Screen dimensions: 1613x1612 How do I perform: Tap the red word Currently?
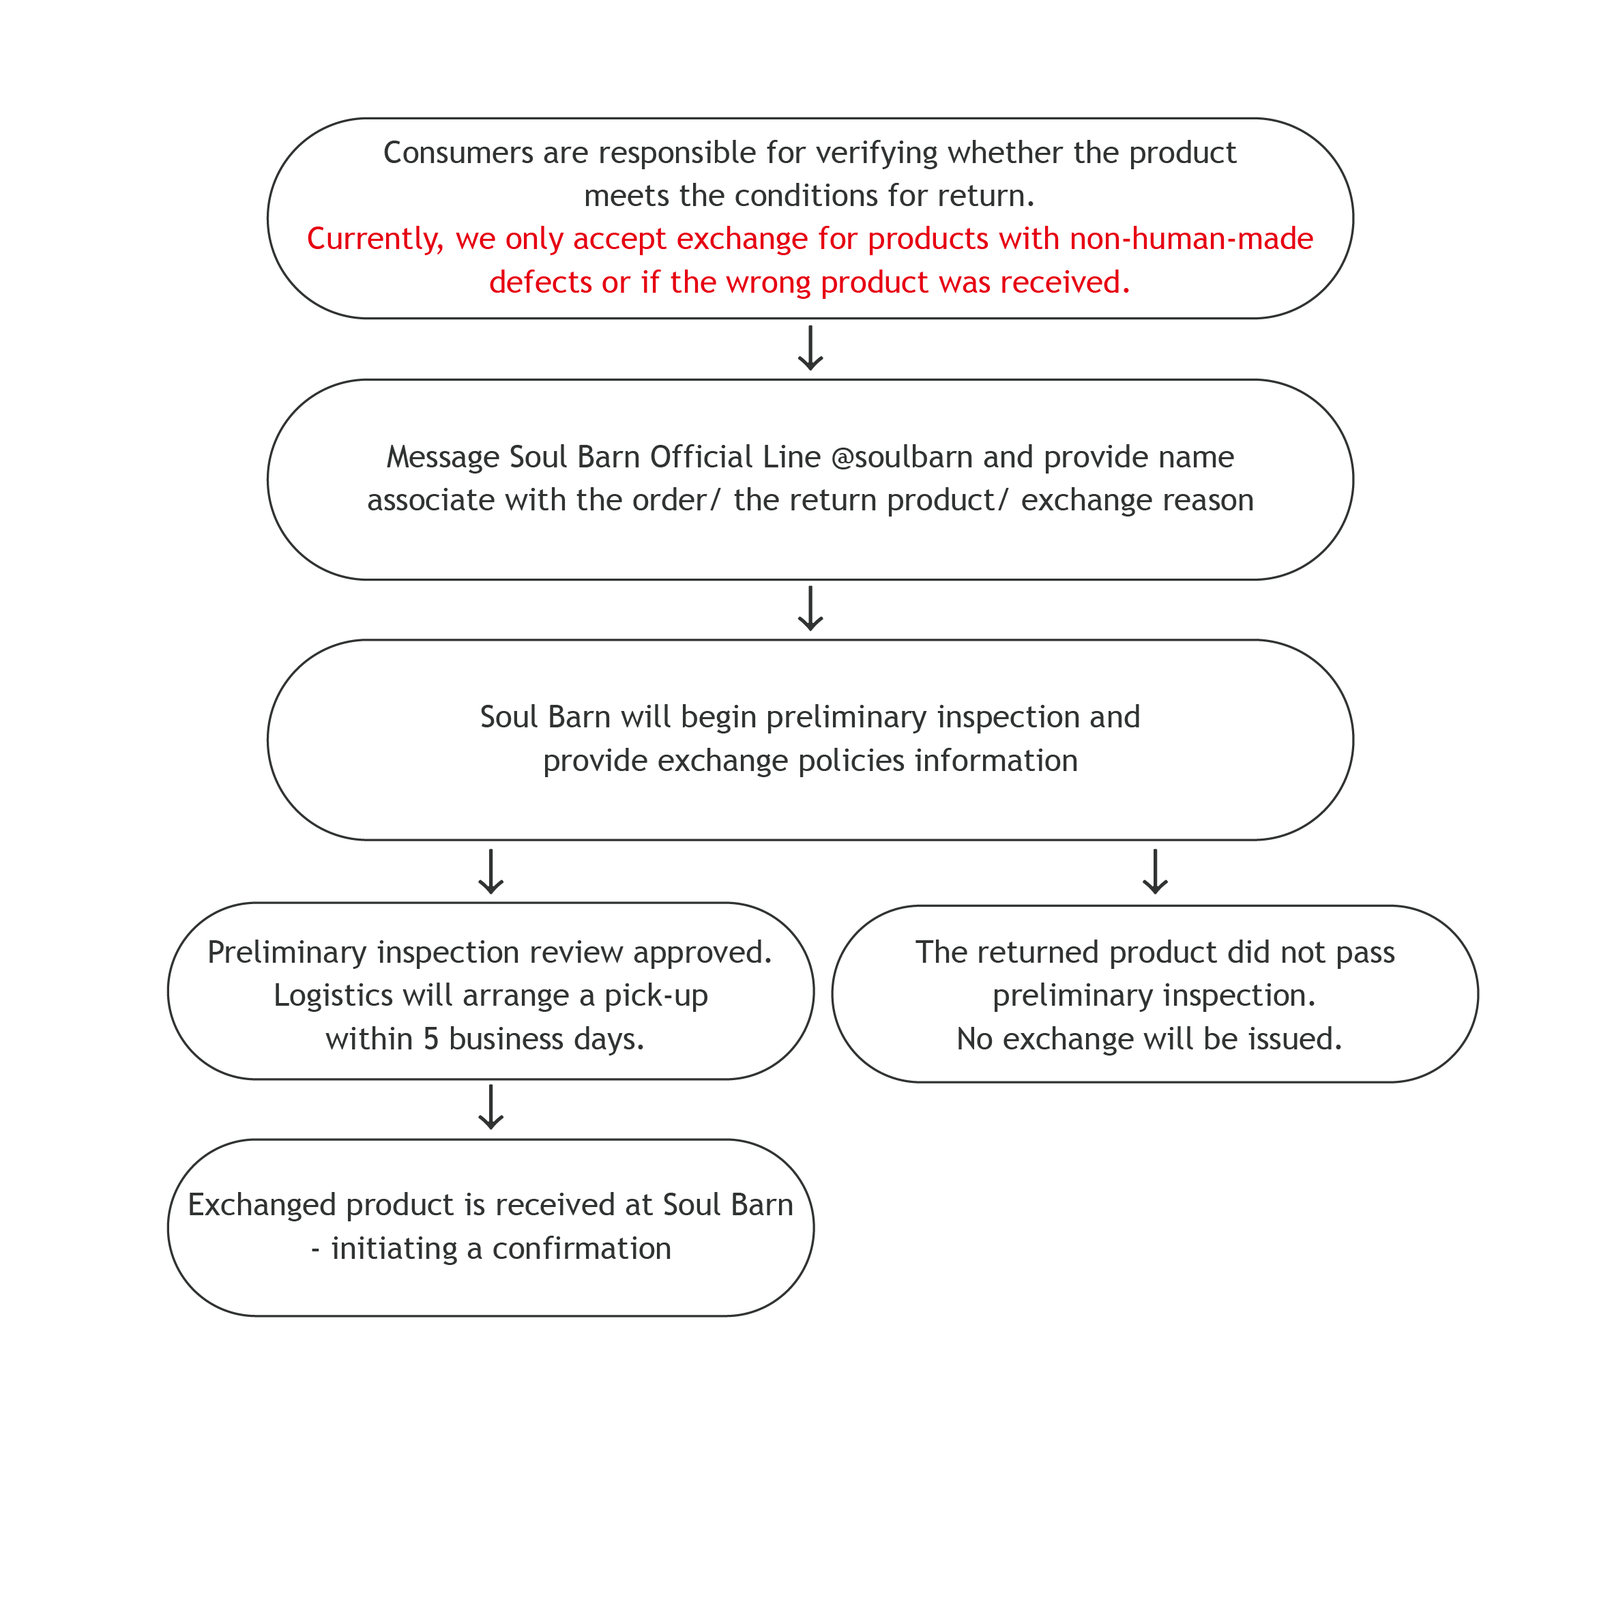(x=375, y=239)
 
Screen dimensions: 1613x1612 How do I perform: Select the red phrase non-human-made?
(x=1191, y=239)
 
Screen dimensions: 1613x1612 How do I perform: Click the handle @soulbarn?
(x=902, y=456)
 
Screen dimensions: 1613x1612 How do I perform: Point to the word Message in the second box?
(x=443, y=456)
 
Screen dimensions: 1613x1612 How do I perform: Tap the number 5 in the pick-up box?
(x=430, y=1038)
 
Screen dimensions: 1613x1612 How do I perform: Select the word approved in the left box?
(x=702, y=952)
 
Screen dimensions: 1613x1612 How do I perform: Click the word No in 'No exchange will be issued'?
(x=974, y=1038)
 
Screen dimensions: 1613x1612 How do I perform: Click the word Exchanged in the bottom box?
(x=261, y=1205)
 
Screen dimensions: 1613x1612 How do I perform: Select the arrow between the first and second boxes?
(x=810, y=348)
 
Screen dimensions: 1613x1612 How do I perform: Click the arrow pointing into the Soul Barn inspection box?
(x=810, y=609)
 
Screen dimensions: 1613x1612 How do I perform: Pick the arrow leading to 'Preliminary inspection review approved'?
(x=491, y=871)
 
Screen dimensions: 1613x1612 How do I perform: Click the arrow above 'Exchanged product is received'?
(x=491, y=1107)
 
